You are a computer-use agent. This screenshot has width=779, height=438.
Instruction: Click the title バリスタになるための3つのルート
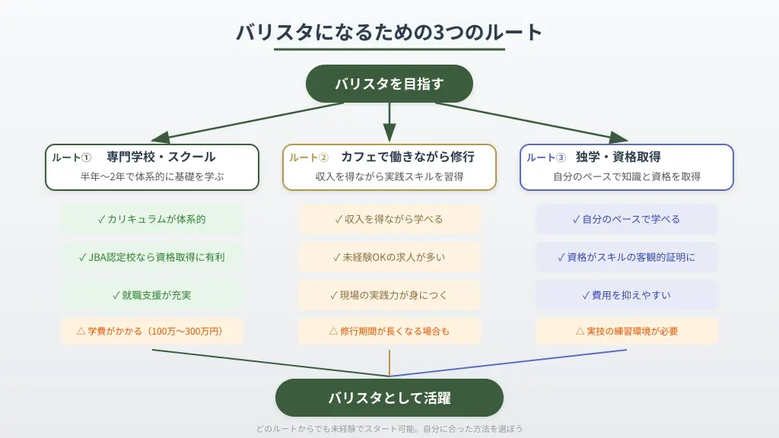pos(389,33)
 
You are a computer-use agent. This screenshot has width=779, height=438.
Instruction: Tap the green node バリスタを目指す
pos(389,84)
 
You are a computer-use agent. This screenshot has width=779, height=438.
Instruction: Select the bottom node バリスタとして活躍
pos(389,397)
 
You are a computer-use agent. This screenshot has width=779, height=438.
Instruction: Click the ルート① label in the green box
pos(72,157)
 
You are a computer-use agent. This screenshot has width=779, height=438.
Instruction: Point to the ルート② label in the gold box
pos(309,157)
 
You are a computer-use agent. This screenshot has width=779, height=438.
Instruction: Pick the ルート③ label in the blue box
pos(546,157)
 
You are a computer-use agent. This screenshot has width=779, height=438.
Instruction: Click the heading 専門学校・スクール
pos(161,157)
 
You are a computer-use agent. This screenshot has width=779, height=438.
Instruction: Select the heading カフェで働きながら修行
pos(408,157)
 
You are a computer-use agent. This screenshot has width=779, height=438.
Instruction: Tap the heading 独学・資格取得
pos(618,157)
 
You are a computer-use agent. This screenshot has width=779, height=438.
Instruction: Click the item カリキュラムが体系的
pos(152,219)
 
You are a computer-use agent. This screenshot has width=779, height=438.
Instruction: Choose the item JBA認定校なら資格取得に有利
pos(152,257)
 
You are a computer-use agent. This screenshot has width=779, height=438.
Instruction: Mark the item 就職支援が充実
pos(152,294)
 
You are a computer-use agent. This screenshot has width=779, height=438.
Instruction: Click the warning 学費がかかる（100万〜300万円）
pos(152,332)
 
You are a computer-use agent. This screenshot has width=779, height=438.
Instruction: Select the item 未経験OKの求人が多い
pos(389,257)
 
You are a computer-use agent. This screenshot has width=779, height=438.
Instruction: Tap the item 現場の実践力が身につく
pos(389,294)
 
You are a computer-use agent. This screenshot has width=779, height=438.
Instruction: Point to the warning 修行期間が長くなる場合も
pos(389,332)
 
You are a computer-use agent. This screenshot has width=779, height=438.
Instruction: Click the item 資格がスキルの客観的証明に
pos(627,257)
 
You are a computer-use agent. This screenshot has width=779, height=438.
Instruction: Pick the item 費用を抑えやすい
pos(627,294)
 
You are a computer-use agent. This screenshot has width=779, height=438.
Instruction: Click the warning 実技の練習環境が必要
pos(627,332)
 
